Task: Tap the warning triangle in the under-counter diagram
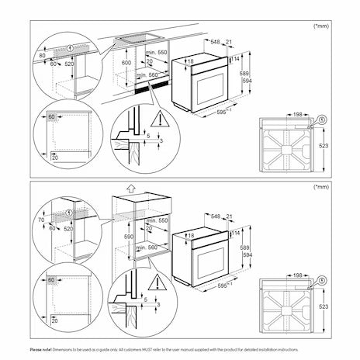(158, 119)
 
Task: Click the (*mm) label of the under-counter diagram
(320, 26)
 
